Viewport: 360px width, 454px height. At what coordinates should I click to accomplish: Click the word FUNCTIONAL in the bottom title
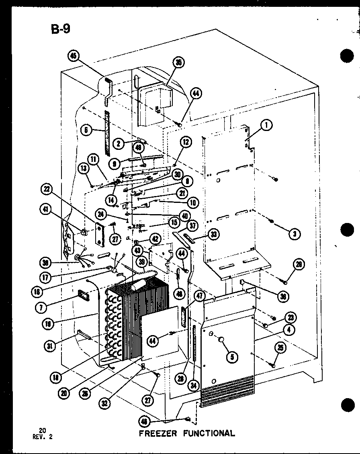point(209,433)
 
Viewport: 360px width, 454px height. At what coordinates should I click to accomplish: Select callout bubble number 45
point(74,56)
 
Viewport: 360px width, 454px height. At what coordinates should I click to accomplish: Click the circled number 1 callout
point(266,125)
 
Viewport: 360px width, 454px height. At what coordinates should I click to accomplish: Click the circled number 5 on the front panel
point(232,356)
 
